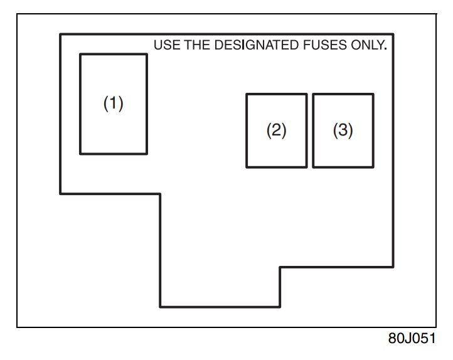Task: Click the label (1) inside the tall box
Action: tap(114, 103)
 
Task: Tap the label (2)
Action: tap(277, 130)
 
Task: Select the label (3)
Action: tap(343, 130)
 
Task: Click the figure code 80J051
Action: tap(411, 339)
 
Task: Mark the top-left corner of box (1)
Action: tap(80, 55)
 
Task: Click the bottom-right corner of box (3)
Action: tap(373, 167)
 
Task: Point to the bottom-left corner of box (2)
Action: tap(247, 167)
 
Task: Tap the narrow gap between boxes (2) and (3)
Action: tap(310, 130)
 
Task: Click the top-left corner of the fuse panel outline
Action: tap(60, 34)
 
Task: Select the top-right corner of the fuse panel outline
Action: tap(393, 34)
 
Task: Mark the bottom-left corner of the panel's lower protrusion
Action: tap(161, 306)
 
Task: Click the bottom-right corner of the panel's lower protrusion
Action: tap(280, 306)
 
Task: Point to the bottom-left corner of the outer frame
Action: tap(18, 327)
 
